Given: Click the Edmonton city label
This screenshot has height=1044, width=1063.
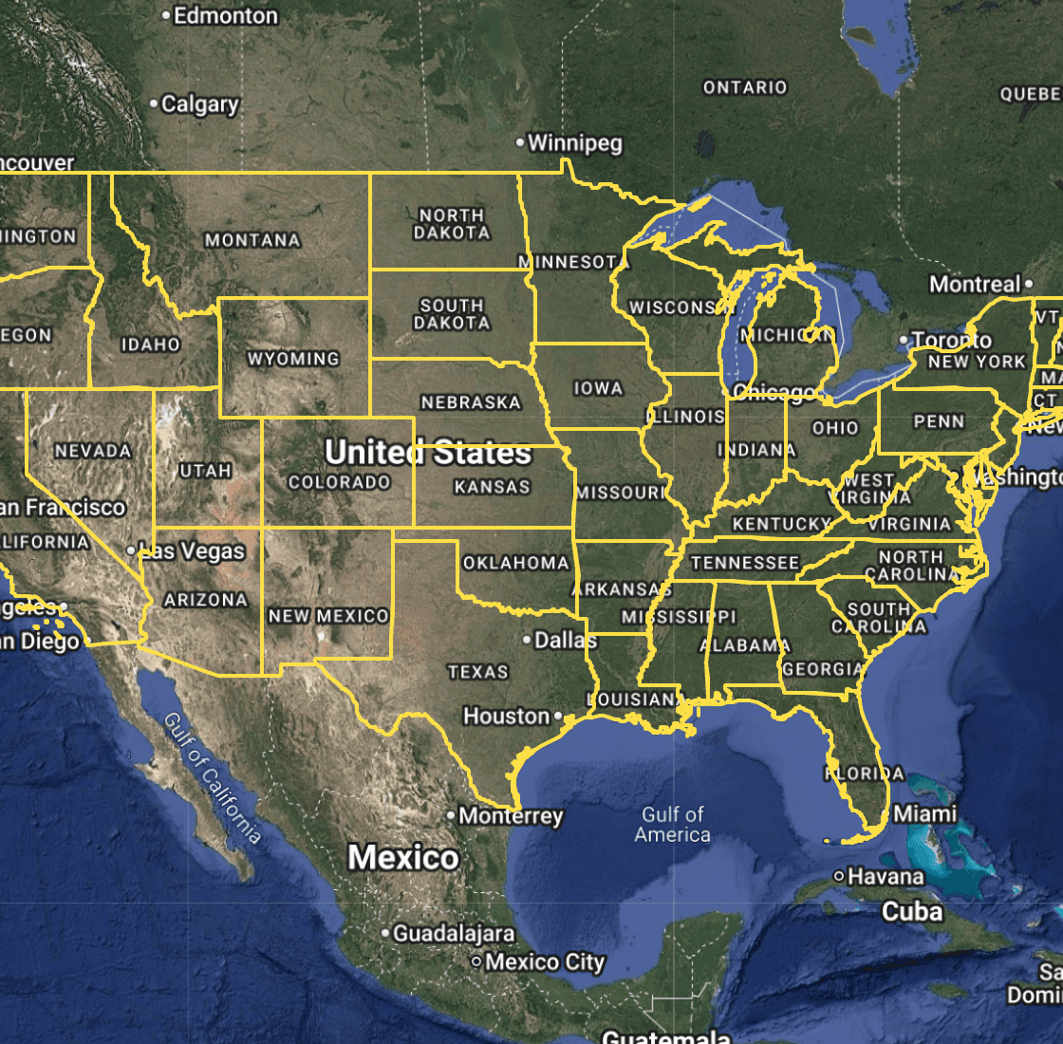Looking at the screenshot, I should click(226, 16).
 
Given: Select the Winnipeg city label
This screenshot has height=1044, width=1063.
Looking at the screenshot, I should click(575, 143).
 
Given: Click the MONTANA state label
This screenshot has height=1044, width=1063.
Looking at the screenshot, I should click(252, 241).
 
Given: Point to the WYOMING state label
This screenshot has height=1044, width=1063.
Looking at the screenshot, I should click(293, 359).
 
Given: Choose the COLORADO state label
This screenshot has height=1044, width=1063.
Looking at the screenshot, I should click(340, 482).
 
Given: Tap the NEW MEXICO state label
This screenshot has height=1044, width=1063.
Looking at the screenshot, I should click(328, 616).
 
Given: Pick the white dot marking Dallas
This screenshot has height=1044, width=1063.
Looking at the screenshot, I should click(528, 640).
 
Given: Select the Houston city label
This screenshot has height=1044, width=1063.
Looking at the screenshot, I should click(507, 716).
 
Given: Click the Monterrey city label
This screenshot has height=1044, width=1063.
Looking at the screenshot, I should click(512, 815).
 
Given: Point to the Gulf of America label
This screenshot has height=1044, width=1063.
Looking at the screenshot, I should click(673, 825).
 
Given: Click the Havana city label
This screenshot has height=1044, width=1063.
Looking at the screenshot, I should click(886, 876).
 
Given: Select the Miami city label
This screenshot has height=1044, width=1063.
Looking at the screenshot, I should click(925, 813).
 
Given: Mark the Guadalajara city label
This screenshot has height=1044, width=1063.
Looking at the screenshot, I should click(454, 934).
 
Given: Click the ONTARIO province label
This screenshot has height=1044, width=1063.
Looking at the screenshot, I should click(745, 87).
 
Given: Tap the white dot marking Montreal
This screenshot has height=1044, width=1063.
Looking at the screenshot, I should click(1029, 284).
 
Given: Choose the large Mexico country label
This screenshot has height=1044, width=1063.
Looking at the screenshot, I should click(403, 858).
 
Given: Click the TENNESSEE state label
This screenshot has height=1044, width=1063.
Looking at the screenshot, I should click(745, 563).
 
